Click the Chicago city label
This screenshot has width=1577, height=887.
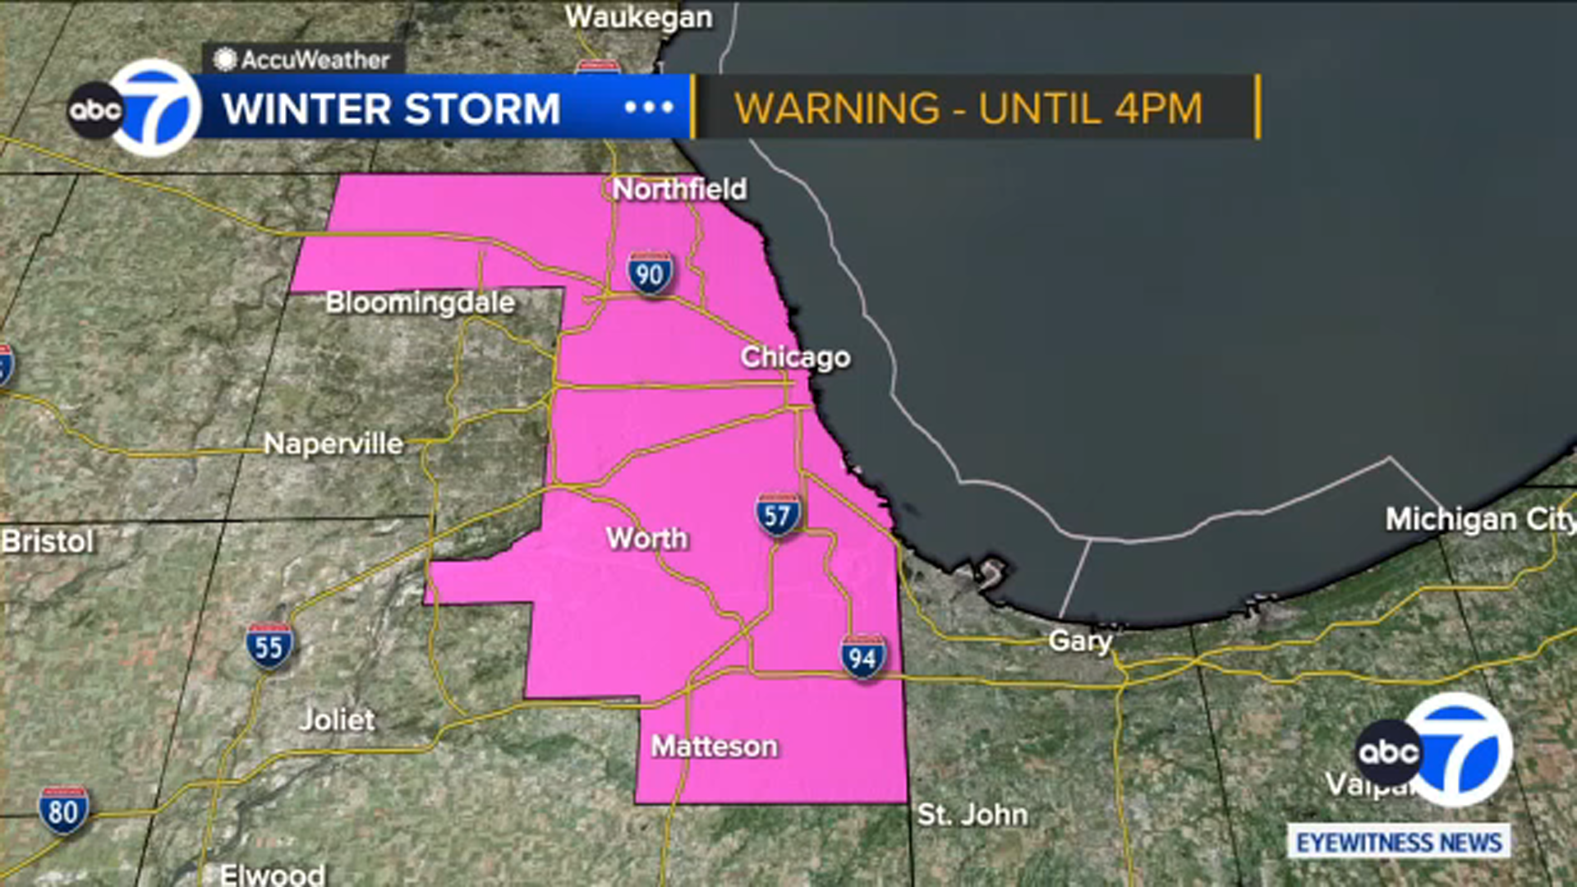click(x=795, y=357)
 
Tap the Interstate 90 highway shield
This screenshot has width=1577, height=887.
click(x=650, y=274)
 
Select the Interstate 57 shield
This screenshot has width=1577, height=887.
click(x=778, y=516)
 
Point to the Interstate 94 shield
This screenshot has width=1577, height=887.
click(x=862, y=657)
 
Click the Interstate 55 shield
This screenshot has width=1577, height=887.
click(x=269, y=647)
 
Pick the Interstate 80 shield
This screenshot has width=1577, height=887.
click(x=63, y=811)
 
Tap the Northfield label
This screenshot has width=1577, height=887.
click(x=679, y=190)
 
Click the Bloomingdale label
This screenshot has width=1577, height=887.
click(x=420, y=302)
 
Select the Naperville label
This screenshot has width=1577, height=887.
click(x=333, y=444)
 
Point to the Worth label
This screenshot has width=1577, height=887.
click(x=646, y=539)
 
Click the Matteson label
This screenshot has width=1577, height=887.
click(x=714, y=747)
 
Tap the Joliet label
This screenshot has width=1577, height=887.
click(x=337, y=720)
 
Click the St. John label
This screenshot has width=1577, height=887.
click(x=972, y=815)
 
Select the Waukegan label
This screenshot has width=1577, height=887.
click(x=639, y=17)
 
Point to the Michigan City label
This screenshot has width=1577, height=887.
click(x=1478, y=519)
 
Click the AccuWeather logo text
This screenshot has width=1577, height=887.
click(x=315, y=60)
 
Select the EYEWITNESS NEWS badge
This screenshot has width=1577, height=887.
click(x=1399, y=843)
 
